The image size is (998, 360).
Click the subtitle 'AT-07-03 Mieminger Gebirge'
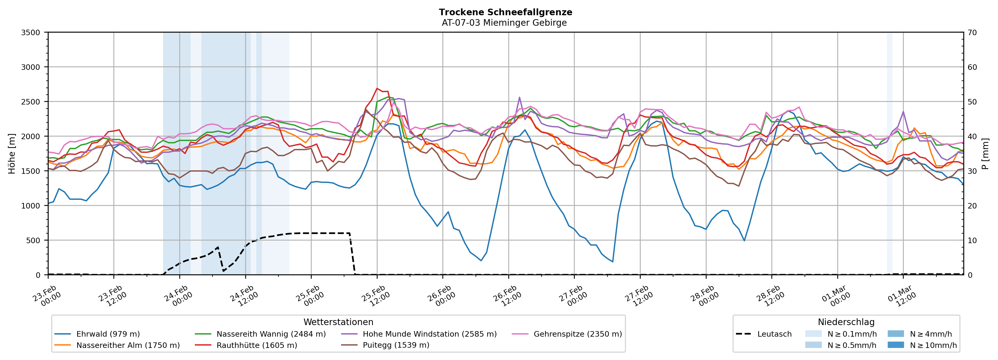[504, 23]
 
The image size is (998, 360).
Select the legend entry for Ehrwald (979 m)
[108, 334]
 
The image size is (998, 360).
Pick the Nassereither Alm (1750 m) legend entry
[128, 345]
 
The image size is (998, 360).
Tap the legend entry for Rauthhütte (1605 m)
[257, 345]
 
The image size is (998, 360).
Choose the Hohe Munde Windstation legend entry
[429, 334]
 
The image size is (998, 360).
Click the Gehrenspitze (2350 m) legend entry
[577, 334]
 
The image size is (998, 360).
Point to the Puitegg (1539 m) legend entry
[396, 345]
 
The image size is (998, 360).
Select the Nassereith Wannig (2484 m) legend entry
[271, 334]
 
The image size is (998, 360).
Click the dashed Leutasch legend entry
[774, 334]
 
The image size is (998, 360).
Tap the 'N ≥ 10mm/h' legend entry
[933, 345]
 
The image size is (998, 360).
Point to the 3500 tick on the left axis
[31, 33]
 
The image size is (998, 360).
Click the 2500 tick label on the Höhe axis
[31, 102]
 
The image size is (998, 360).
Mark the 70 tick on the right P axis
[972, 33]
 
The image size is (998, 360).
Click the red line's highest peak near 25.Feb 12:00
[377, 88]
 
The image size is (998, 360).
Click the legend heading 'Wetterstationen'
[338, 322]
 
